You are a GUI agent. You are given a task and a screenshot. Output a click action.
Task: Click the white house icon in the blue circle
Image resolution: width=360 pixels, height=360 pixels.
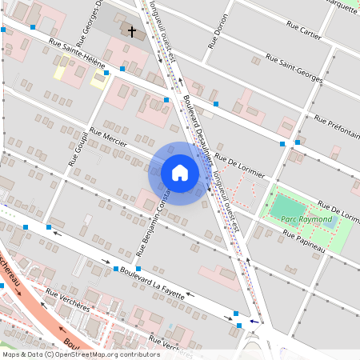180,173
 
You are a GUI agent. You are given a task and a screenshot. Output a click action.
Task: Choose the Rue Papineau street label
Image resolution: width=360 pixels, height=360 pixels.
303,239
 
